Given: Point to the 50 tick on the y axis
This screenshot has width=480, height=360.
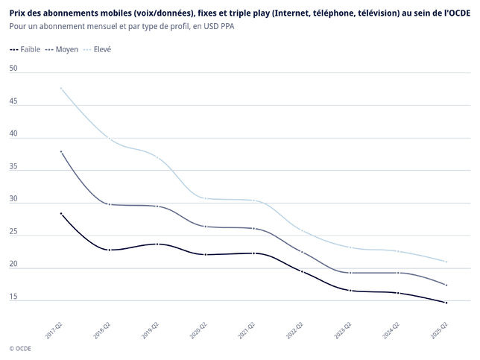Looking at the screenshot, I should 13,69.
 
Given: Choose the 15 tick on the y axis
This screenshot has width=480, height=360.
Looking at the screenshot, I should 13,297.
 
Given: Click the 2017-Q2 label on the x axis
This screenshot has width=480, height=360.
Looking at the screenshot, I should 54,331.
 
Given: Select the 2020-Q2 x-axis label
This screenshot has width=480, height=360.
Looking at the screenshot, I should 199,331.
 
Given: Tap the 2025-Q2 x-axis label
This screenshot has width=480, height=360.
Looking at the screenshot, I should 440,331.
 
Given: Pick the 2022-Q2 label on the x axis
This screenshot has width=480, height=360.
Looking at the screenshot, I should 295,331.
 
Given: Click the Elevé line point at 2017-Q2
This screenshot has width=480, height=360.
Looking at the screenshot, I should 61,89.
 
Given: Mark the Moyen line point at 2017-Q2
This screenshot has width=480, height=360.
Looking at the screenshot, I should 61,152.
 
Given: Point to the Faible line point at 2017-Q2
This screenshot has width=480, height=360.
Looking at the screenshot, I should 61,214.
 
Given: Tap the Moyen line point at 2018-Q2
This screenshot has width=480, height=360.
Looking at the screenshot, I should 110,204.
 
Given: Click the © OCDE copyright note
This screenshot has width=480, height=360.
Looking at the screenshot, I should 22,348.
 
